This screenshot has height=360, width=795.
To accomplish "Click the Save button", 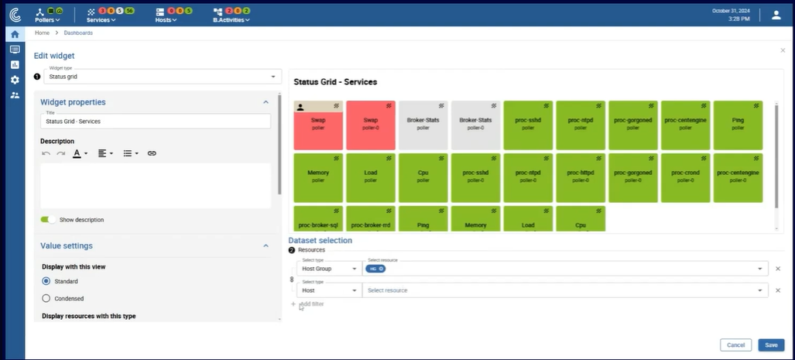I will pos(771,345).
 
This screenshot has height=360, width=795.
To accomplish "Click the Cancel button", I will pos(735,345).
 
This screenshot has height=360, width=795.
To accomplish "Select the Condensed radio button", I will pos(46,298).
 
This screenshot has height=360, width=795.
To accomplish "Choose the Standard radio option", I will pos(46,281).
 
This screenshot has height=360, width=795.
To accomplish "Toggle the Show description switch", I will pos(48,220).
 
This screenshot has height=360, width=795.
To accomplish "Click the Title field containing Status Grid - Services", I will pos(155,121).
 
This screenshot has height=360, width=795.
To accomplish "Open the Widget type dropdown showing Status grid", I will pos(162,77).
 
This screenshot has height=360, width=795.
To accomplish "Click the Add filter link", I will pos(311,304).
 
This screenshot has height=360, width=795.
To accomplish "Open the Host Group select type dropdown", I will pos(329,269).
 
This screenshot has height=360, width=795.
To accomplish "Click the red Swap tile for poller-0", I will pos(371,125).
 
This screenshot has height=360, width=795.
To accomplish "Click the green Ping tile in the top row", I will pos(738,125).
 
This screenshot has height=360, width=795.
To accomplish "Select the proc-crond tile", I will pos(685,177).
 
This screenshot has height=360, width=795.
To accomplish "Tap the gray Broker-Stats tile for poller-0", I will pos(475,125).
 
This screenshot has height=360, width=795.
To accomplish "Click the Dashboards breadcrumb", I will pos(78,33).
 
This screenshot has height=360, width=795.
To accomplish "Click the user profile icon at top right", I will pos(776,15).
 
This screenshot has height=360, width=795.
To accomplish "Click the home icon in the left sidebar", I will pos(15,34).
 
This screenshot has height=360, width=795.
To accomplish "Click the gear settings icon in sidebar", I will pos(15,80).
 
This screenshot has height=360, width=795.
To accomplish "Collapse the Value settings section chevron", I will pos(266,246).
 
